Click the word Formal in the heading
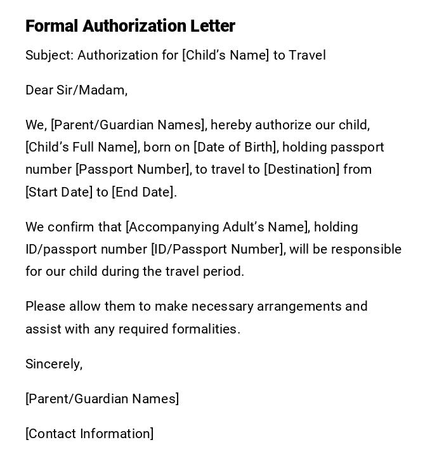[52, 26]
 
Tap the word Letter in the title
[212, 26]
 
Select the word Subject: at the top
[49, 55]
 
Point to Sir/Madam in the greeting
[92, 90]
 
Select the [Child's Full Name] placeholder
[82, 147]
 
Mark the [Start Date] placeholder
[59, 192]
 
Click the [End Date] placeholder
[143, 192]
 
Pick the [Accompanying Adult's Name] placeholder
[218, 227]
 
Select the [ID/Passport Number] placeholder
[218, 249]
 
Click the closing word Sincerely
[53, 364]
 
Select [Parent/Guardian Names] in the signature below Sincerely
[102, 399]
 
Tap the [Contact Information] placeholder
[89, 434]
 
